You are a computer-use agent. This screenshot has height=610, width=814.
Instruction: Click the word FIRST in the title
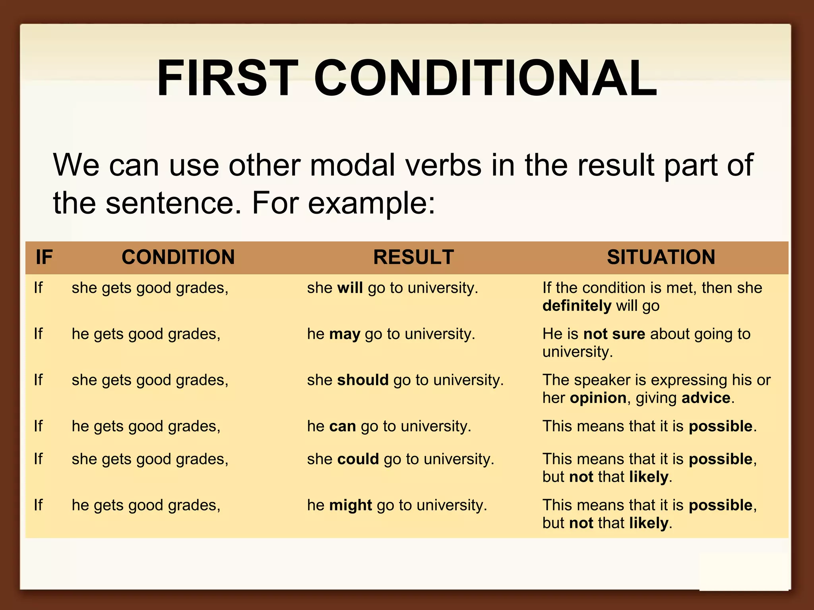(x=227, y=78)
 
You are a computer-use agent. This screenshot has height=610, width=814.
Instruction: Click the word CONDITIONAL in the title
(x=485, y=78)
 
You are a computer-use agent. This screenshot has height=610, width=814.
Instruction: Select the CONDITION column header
(x=178, y=257)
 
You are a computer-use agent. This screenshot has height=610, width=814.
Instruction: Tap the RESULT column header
(x=413, y=257)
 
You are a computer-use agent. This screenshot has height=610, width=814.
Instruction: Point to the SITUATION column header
(x=661, y=257)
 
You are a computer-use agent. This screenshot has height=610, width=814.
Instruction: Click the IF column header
(x=44, y=257)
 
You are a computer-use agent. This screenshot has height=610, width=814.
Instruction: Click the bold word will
(x=350, y=288)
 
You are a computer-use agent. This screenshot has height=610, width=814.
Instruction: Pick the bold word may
(x=345, y=334)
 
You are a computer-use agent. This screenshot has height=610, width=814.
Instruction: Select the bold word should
(x=362, y=380)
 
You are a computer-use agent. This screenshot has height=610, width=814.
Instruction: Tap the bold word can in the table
(x=342, y=426)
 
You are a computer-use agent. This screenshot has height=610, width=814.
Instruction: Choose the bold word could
(x=358, y=459)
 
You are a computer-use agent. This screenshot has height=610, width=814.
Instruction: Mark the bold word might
(x=351, y=505)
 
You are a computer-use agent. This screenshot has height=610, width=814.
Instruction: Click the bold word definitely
(x=577, y=306)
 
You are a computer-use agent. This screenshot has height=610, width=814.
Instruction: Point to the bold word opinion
(x=598, y=398)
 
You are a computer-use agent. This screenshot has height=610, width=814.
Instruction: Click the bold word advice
(x=706, y=398)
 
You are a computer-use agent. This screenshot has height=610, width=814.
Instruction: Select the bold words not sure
(x=614, y=334)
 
